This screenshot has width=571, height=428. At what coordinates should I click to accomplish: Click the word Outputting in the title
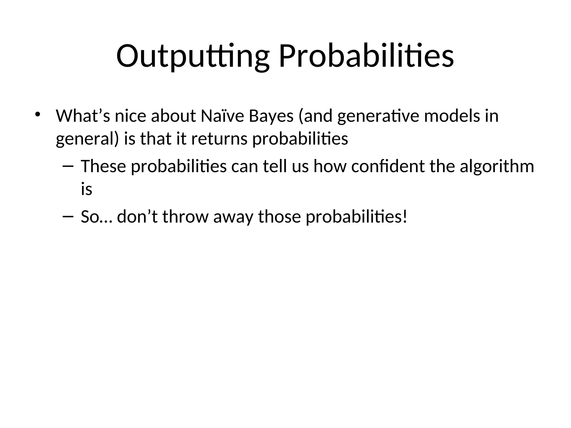pos(192,57)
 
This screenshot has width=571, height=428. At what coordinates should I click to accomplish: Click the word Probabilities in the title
pos(366,57)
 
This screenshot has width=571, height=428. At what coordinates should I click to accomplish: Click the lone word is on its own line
pos(86,189)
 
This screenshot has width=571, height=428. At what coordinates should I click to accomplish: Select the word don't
pos(137,217)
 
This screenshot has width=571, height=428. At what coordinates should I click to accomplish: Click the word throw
pos(185,217)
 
